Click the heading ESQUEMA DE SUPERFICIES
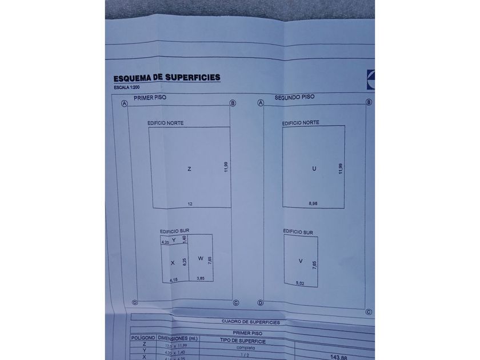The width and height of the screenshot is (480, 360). [x=167, y=78]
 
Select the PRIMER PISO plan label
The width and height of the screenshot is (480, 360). [x=150, y=98]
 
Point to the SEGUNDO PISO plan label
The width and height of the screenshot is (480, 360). [x=294, y=98]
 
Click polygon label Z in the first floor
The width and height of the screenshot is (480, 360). [x=189, y=169]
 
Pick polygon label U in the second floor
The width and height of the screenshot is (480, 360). [x=314, y=169]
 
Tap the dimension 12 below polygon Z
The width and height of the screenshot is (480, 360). [x=190, y=203]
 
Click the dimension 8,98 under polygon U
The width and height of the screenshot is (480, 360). [x=314, y=203]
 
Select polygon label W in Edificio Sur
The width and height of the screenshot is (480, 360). [x=201, y=258]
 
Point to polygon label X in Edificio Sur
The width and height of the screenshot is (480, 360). [x=173, y=263]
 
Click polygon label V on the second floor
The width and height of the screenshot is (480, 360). [x=301, y=261]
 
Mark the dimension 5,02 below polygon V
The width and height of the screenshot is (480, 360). [x=301, y=282]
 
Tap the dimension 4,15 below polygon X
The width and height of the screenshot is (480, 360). [x=174, y=279]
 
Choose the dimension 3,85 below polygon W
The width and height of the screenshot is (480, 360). [x=201, y=278]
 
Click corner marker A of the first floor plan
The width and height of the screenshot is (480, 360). [x=124, y=103]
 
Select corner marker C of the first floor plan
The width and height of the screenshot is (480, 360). [x=235, y=302]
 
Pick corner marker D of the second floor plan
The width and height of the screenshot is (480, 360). [x=261, y=303]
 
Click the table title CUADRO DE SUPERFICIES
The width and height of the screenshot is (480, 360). [x=250, y=322]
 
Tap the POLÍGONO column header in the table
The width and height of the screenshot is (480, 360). [x=143, y=338]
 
